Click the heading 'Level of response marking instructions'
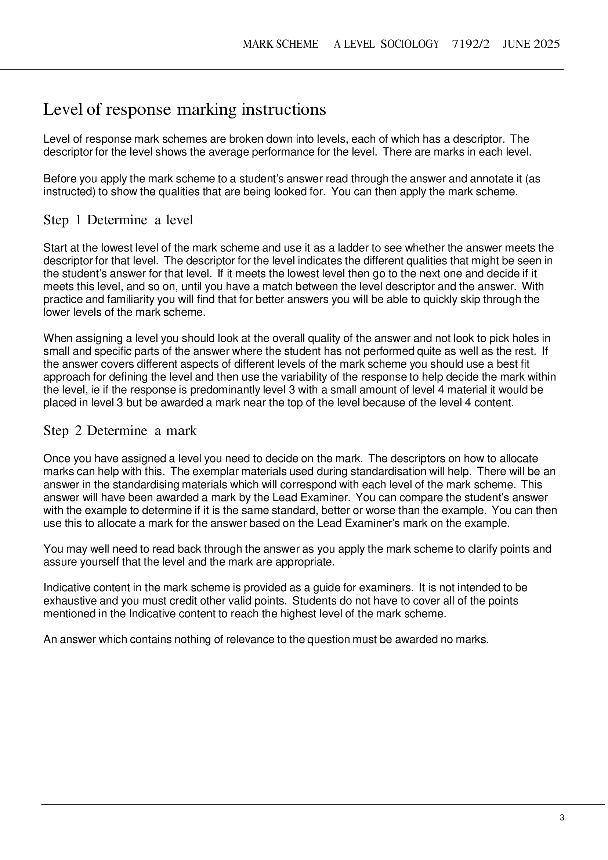(185, 110)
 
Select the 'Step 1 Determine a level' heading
(118, 220)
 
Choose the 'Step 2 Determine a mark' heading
(120, 431)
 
